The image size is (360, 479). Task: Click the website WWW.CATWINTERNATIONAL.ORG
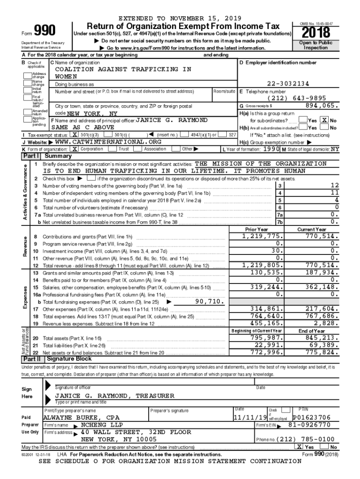point(108,142)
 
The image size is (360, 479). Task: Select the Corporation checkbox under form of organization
point(74,149)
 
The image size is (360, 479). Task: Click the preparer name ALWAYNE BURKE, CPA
point(82,417)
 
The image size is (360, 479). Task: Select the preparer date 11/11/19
point(250,417)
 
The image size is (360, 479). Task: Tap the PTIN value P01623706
point(311,417)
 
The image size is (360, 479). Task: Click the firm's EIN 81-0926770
point(310,425)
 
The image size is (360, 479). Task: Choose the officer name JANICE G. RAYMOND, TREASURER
point(115,396)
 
